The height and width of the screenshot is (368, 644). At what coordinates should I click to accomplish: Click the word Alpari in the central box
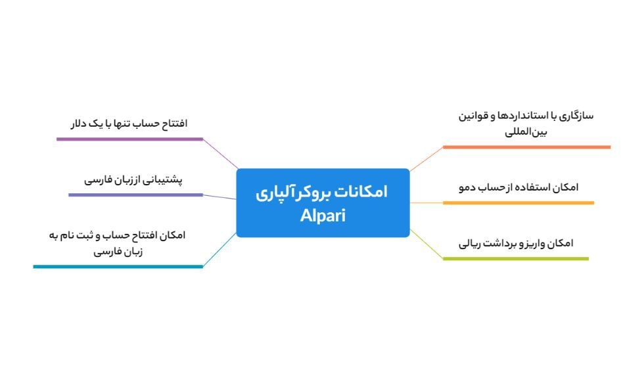(322, 215)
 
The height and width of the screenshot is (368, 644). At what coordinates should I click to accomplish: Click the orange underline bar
(526, 147)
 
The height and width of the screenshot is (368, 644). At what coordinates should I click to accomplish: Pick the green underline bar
(515, 258)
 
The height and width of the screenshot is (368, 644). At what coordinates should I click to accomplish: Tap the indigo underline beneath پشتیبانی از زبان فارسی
(135, 195)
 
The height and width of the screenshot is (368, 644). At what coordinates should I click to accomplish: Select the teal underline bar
(118, 266)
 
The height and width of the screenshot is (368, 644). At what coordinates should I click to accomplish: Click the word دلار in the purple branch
(83, 124)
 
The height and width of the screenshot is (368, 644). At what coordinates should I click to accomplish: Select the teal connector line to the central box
(219, 250)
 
